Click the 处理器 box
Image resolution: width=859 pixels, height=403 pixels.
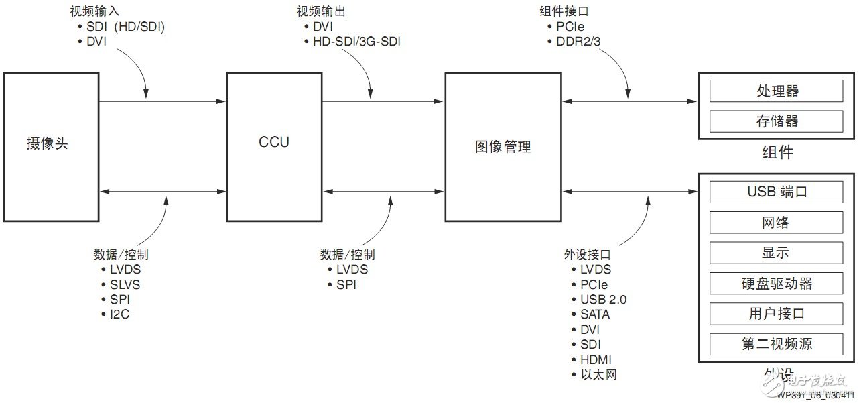776,91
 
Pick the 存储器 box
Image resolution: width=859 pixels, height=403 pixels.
776,121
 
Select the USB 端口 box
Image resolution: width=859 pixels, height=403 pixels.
776,192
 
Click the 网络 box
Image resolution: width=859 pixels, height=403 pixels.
776,223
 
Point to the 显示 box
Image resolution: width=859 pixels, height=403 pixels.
776,253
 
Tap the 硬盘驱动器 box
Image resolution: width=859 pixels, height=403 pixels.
776,283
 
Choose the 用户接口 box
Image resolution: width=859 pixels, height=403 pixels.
776,313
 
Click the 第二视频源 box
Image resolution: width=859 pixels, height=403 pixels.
776,344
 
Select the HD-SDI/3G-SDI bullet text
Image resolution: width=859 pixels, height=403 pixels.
357,42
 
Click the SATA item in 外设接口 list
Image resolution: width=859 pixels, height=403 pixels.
595,314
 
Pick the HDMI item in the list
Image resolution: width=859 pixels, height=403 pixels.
596,359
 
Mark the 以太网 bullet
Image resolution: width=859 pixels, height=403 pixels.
598,375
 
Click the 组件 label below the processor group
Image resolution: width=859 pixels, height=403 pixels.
777,152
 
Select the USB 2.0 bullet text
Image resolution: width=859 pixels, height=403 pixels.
604,300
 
